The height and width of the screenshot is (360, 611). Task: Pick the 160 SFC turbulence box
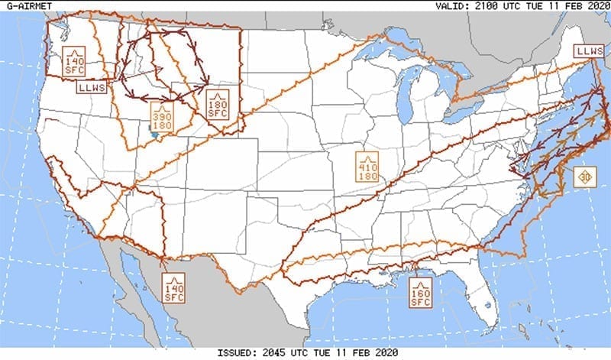(421, 294)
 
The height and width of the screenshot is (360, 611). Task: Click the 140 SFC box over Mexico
(174, 287)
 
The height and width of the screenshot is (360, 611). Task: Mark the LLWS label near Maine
(589, 51)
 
